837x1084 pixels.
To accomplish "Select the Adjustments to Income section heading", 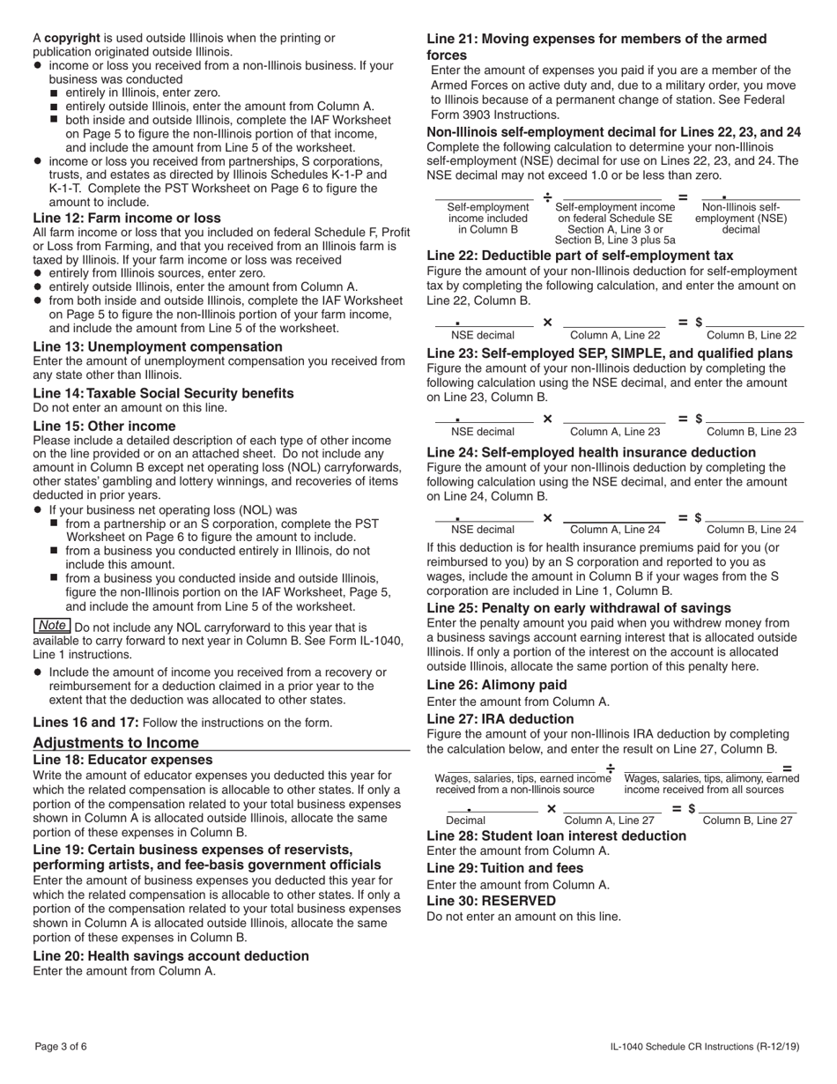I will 115,742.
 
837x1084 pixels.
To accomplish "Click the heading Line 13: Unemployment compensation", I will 158,346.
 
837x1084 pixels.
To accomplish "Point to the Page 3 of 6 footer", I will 61,1047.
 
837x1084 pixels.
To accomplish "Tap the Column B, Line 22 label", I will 751,335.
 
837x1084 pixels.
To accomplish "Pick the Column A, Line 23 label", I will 615,432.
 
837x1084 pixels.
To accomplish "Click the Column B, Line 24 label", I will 751,530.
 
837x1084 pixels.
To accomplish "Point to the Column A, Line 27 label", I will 610,820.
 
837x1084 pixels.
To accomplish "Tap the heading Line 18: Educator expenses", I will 122,760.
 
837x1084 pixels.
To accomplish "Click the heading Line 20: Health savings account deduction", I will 171,955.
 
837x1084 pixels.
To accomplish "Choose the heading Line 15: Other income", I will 104,426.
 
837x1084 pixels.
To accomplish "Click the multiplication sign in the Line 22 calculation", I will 547,323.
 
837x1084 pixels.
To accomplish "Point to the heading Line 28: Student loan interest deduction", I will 556,835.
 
